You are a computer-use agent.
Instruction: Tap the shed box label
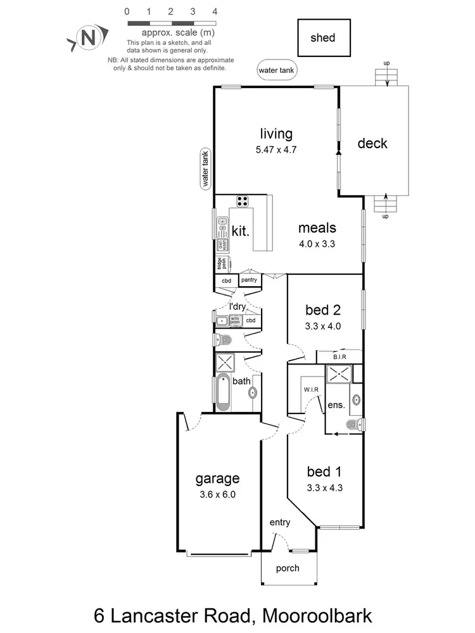coord(322,38)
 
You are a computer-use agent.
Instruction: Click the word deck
coord(372,144)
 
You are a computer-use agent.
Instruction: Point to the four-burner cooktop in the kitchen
coord(243,201)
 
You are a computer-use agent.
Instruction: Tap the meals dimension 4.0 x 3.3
coord(317,242)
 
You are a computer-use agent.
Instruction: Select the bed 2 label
coord(323,310)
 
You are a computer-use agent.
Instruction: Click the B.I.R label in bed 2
coord(339,358)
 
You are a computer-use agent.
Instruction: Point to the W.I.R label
coord(310,389)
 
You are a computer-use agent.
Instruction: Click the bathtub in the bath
coord(222,393)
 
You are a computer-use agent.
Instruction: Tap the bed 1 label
coord(324,472)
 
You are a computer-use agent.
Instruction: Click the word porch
coord(288,568)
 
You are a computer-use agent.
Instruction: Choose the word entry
coord(279,522)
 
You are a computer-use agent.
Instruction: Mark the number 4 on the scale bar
coord(215,11)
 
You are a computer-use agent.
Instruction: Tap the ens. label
coord(336,405)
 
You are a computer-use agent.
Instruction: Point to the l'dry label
coord(237,307)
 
